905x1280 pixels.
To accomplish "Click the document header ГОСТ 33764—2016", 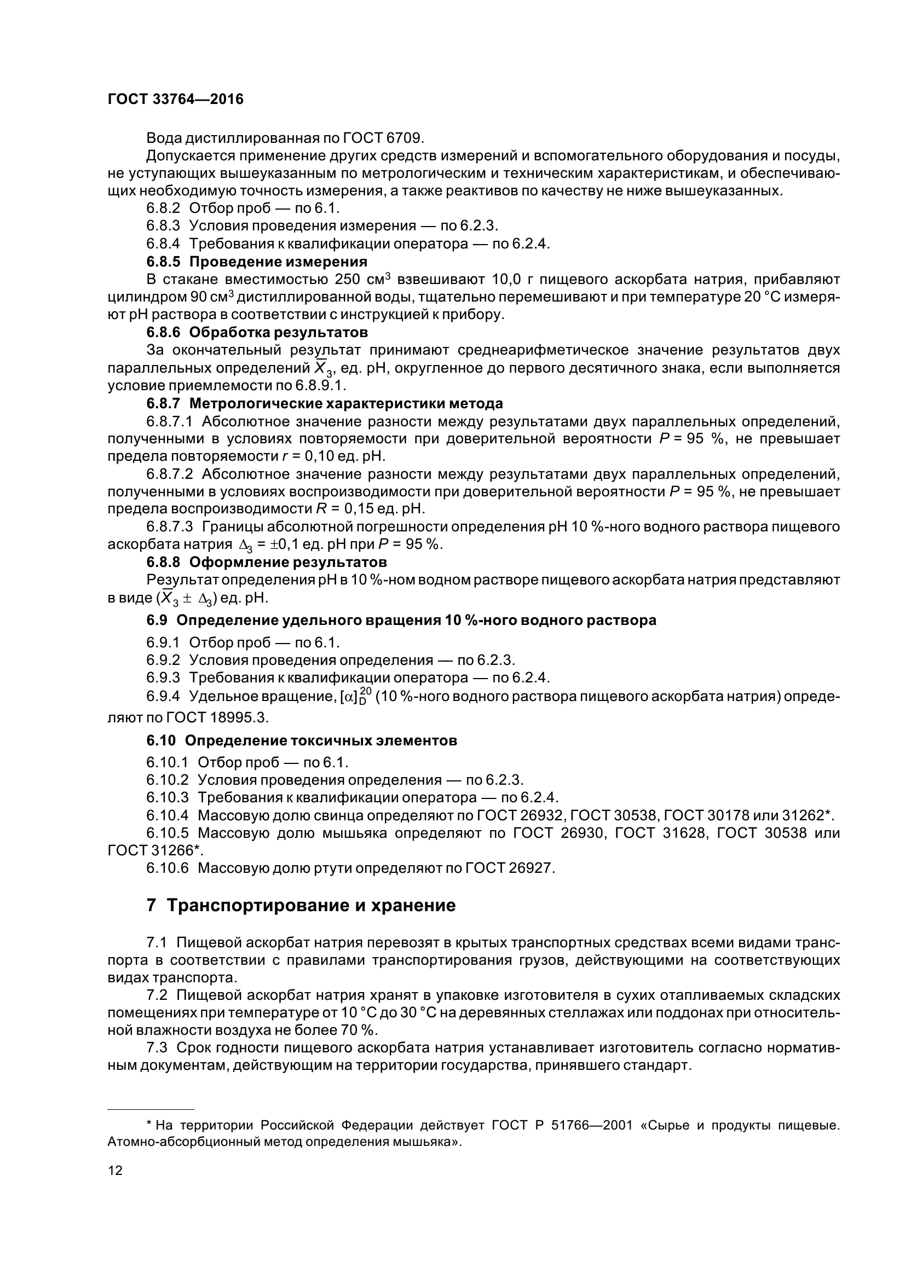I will [x=175, y=100].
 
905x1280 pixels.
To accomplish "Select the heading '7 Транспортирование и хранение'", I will [x=301, y=905].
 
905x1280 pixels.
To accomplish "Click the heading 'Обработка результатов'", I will [x=279, y=332].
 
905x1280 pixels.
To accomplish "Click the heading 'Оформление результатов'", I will [x=289, y=561].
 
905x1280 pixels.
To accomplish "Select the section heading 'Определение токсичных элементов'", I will [x=321, y=741].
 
